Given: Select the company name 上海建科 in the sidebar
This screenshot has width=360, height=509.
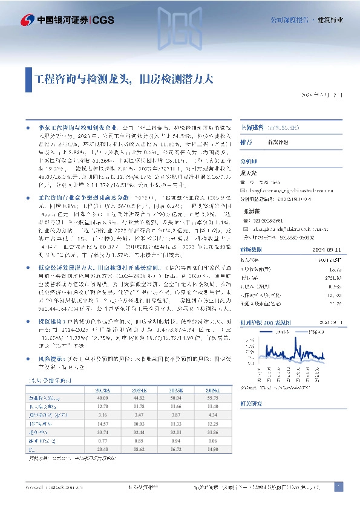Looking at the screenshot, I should tap(254, 128).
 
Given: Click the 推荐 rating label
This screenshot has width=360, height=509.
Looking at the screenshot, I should tap(246, 142).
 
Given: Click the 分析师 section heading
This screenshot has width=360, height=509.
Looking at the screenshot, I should tap(249, 161).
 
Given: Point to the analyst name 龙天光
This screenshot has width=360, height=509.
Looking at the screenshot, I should tap(249, 172).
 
